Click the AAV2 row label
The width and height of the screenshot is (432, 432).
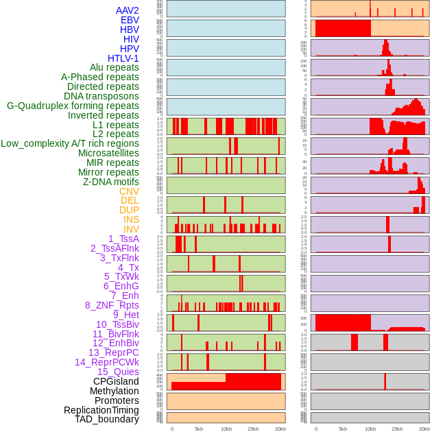coord(128,10)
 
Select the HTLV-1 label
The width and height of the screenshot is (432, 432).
coord(123,58)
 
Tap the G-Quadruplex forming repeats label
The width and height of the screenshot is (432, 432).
coord(73,106)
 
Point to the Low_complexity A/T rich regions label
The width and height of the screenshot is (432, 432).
coord(70,143)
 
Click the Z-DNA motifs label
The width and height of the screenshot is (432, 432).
coord(111,182)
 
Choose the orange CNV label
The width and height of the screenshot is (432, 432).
coord(129,191)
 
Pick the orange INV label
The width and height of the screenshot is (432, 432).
coord(131,229)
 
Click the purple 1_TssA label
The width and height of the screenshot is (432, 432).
coord(123,239)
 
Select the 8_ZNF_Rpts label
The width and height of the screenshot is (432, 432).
coord(112,305)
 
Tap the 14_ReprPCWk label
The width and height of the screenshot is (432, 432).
coord(107,362)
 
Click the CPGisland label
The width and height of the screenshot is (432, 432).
coord(116,381)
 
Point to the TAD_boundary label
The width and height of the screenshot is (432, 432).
coord(107,419)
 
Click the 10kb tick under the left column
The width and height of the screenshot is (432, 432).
coord(226,429)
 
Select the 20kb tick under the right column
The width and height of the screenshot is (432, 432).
coord(424,429)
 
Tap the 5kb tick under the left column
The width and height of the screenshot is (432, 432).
coord(199,429)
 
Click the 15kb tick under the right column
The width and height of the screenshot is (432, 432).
coord(397,429)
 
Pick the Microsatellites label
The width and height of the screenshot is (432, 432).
coord(108,153)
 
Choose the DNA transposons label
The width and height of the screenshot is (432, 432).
coord(101,96)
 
